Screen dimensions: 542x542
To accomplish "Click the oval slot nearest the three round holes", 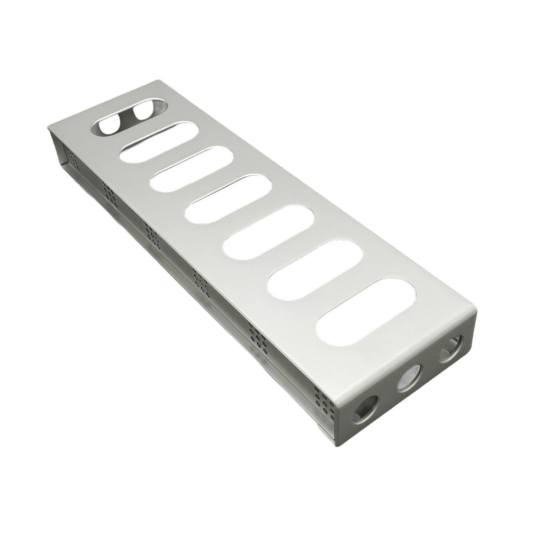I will click(366, 312).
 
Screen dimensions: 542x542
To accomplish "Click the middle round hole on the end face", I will click(408, 378).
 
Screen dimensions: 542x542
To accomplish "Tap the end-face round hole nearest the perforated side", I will click(365, 407).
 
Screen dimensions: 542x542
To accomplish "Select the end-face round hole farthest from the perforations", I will click(450, 349).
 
